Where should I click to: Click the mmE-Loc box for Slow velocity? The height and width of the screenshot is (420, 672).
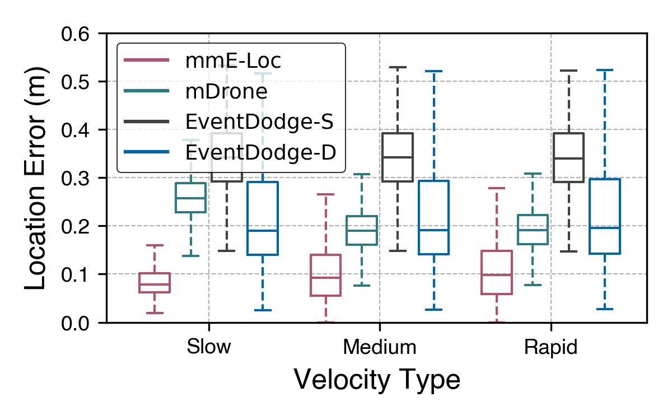point(155,283)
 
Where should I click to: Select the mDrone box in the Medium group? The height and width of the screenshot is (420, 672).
point(362,230)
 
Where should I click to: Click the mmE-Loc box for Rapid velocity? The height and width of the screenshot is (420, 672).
point(497,272)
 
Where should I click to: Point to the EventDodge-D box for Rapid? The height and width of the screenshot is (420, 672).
point(605,216)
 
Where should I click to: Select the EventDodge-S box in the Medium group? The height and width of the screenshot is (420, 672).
point(398,157)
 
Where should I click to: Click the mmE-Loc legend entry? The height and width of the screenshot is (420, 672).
point(232,60)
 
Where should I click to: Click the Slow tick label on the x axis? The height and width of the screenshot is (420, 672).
point(209,347)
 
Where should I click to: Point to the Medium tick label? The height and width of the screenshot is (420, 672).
point(380,347)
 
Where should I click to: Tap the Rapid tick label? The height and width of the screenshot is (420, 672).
point(551,347)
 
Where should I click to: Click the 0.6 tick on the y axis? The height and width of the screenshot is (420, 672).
point(80,34)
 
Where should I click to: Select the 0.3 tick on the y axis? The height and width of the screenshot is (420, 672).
point(80,178)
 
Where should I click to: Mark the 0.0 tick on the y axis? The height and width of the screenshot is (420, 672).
point(80,323)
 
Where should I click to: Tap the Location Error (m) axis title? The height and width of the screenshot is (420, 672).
point(35,178)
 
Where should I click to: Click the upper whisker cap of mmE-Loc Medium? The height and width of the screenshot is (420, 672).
point(326,194)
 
